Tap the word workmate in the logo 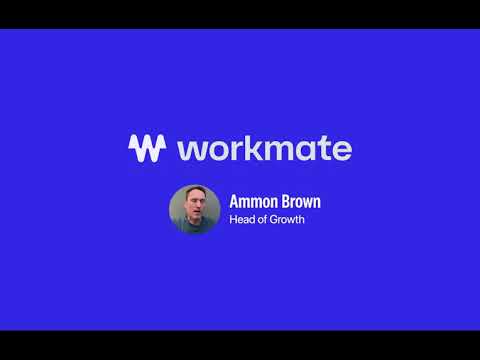click(264, 149)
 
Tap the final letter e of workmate click(342, 151)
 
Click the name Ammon click(251, 201)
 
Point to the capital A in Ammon click(235, 201)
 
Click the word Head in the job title click(242, 220)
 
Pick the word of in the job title click(262, 220)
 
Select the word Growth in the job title click(287, 220)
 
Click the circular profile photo click(194, 209)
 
